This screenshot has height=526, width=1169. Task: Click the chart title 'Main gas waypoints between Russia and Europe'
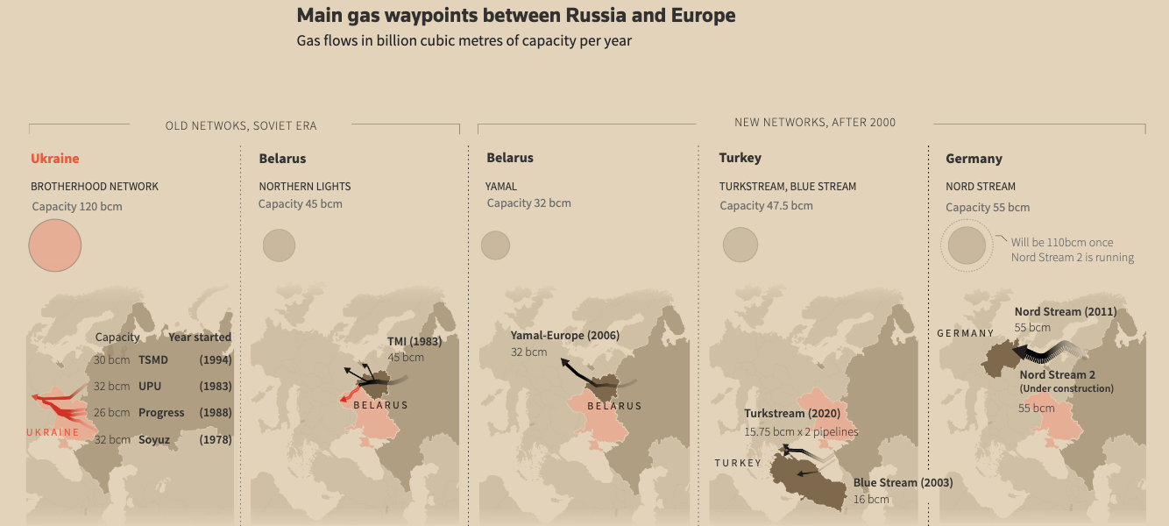(x=516, y=16)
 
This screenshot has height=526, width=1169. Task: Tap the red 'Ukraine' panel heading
(x=54, y=159)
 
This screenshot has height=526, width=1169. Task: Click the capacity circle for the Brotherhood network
(x=55, y=245)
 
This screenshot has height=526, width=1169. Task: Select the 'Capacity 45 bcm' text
(x=301, y=204)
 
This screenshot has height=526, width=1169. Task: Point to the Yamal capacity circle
(x=495, y=245)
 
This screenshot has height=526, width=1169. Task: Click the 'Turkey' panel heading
(x=740, y=158)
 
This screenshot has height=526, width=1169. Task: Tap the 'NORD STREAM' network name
(x=981, y=187)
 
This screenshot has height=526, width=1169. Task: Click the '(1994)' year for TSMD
(x=215, y=359)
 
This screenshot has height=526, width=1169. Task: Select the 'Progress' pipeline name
(x=161, y=413)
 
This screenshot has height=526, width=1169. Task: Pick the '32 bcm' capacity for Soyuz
(x=111, y=439)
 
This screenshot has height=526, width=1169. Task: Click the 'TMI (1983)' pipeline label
(x=414, y=342)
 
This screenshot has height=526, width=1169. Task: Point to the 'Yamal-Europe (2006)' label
(x=565, y=336)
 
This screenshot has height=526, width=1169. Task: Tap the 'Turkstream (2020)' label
(x=792, y=414)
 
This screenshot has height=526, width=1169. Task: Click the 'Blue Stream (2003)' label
(x=903, y=483)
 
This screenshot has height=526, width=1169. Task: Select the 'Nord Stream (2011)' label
(x=1065, y=312)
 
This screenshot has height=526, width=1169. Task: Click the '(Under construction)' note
(x=1066, y=388)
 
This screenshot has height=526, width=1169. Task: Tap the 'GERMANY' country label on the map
(x=966, y=333)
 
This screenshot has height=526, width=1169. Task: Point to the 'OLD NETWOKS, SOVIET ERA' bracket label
(x=241, y=126)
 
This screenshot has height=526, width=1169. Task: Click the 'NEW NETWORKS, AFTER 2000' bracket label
(x=815, y=123)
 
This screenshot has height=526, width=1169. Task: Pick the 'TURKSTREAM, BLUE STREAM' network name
(x=788, y=187)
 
